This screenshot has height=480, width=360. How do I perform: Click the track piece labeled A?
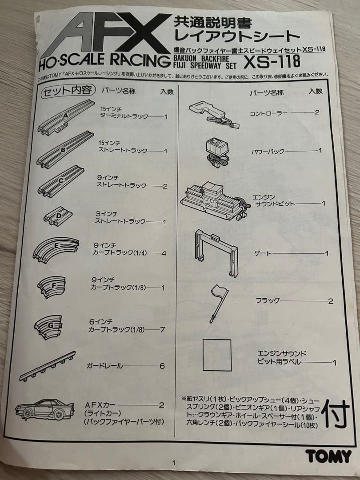click(67, 118)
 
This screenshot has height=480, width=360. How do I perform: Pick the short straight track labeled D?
click(58, 216)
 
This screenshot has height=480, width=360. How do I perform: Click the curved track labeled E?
click(56, 249)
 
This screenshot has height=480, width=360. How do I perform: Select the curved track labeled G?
click(50, 327)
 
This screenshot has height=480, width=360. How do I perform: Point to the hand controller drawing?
click(214, 113)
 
